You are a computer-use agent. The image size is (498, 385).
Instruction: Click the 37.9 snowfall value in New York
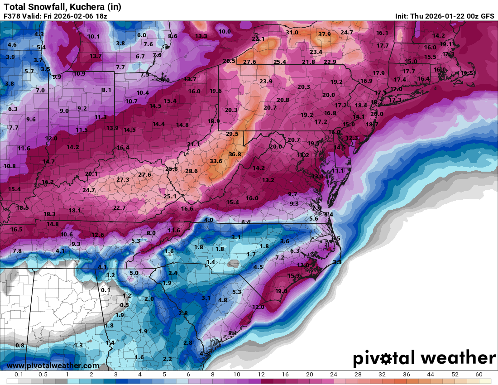[324, 34]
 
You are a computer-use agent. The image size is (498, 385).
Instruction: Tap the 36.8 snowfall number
[235, 154]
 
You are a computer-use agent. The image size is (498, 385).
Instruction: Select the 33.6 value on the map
[216, 161]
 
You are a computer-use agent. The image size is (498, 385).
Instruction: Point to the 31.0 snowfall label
[292, 33]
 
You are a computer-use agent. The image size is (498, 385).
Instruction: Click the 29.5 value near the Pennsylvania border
[232, 134]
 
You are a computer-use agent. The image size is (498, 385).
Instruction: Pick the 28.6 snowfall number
[192, 171]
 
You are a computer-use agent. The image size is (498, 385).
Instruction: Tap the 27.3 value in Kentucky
[123, 180]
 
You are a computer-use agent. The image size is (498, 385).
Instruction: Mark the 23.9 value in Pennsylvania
[266, 82]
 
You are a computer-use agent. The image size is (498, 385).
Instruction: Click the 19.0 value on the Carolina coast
[281, 291]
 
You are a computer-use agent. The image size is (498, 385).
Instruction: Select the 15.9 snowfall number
[293, 276]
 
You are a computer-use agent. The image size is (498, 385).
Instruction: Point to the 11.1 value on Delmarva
[339, 171]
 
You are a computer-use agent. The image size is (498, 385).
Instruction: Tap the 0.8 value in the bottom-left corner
[20, 346]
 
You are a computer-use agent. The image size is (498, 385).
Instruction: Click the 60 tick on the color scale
[479, 375]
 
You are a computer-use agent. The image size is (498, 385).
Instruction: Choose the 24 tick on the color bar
[333, 375]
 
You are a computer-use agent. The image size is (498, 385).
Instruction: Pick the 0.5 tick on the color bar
[43, 375]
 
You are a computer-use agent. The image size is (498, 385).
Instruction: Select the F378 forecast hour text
[12, 16]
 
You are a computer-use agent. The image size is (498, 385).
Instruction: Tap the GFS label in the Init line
[487, 16]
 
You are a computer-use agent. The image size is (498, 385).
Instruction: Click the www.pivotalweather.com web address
[53, 366]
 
